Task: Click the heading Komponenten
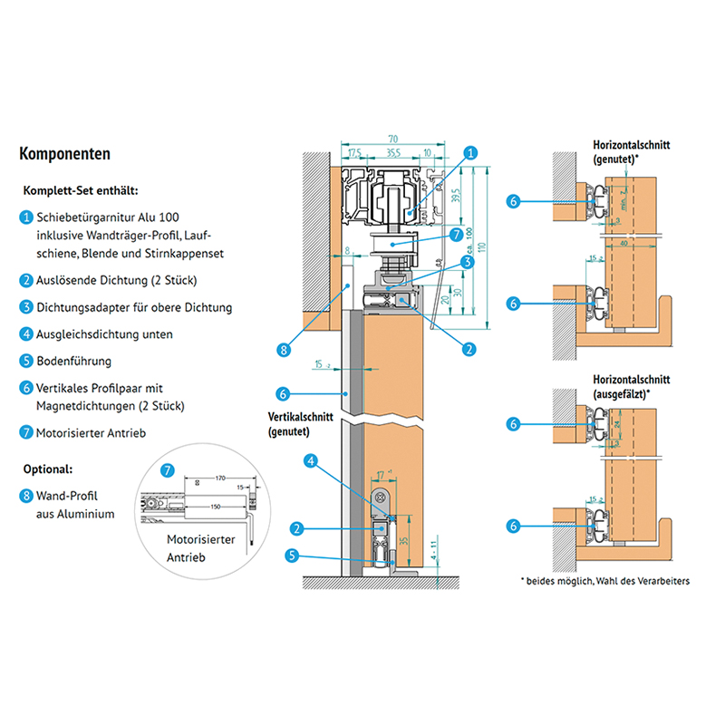click(x=65, y=154)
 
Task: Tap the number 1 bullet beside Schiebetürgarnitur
click(x=26, y=217)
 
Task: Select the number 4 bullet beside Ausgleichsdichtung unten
click(x=26, y=334)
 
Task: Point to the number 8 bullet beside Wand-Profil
click(x=26, y=496)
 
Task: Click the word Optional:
click(x=46, y=469)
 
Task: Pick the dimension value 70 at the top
click(x=392, y=139)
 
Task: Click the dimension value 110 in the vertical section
click(x=484, y=246)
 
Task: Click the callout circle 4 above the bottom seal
click(x=310, y=461)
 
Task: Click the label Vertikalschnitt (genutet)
click(x=302, y=424)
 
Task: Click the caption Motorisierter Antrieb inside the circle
click(x=200, y=548)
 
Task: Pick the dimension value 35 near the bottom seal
click(x=403, y=541)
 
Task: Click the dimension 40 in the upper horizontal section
click(x=625, y=242)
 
